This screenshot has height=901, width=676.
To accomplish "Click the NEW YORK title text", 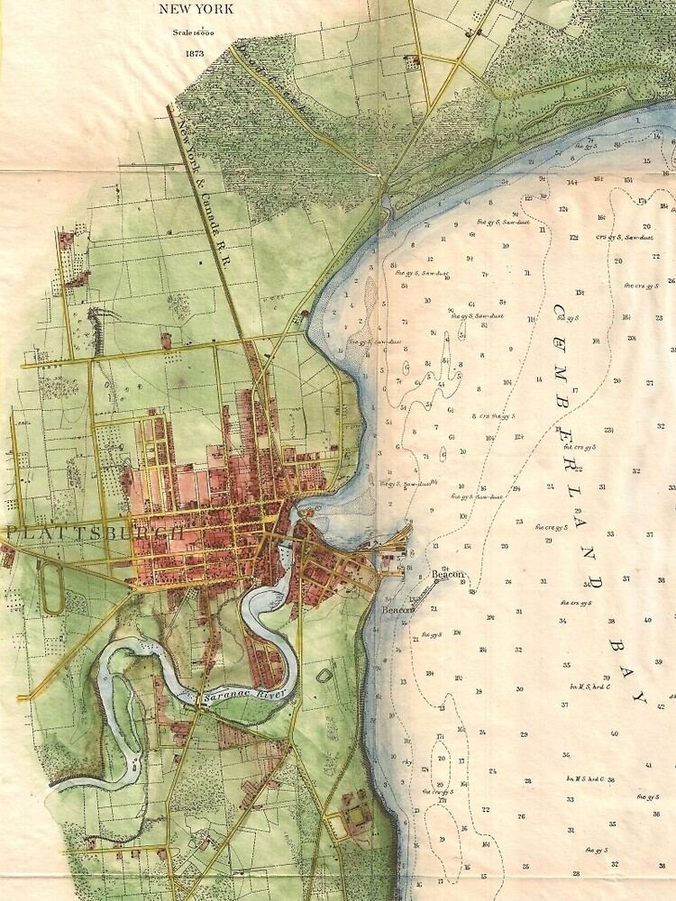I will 196,11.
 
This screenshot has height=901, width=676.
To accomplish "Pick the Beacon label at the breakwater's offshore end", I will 447,575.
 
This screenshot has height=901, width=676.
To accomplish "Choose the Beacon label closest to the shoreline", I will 397,610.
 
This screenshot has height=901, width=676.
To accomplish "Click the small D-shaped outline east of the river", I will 323,675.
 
